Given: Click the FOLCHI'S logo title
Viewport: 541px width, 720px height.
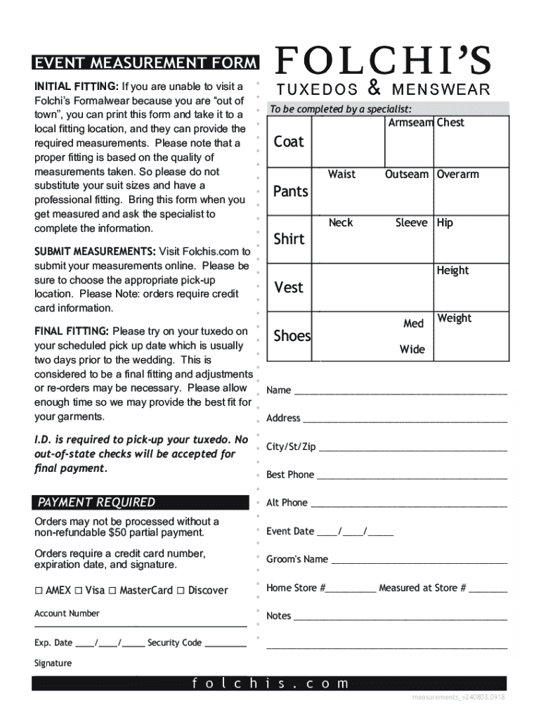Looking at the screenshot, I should [x=383, y=61].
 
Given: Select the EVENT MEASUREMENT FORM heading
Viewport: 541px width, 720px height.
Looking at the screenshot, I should [x=145, y=64].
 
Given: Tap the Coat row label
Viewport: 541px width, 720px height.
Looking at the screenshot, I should [x=289, y=142].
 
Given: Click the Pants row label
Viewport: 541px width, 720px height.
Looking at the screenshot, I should [x=290, y=191].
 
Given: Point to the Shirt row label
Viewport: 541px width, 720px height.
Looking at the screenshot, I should [x=289, y=239].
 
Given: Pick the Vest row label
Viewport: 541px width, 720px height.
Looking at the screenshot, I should [x=288, y=287].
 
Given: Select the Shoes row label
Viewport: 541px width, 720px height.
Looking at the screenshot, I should [x=292, y=336].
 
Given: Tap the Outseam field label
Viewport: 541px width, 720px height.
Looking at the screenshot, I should [x=406, y=174].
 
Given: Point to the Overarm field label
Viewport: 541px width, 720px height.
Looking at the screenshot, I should [x=458, y=174].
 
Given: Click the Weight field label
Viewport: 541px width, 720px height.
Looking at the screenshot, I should [x=455, y=319].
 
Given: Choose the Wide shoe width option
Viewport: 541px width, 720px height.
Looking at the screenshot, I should [x=412, y=349].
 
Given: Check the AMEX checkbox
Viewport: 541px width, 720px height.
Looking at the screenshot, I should [x=39, y=591].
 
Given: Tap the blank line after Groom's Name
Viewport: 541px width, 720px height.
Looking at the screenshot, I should [x=419, y=562].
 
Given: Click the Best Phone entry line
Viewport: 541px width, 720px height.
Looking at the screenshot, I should [x=412, y=477].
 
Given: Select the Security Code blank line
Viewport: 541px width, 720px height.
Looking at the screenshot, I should [x=226, y=645].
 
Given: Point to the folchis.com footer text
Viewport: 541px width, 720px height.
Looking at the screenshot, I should [x=270, y=683].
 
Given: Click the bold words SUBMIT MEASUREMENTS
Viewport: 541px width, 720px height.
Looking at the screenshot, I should [x=95, y=252].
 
